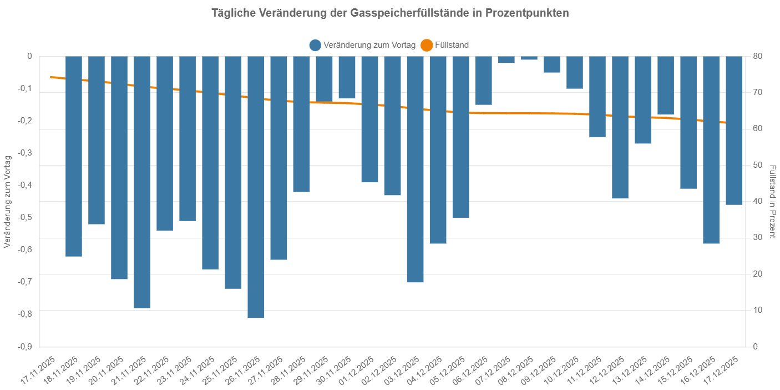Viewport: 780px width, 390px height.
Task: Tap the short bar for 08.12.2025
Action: click(x=529, y=58)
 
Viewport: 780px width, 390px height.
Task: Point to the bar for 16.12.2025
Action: click(x=711, y=149)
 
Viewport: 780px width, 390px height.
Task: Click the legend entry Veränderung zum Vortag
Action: click(x=363, y=45)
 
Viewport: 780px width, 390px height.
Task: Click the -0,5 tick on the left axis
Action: click(x=24, y=217)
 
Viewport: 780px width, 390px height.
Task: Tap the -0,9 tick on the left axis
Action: click(x=24, y=347)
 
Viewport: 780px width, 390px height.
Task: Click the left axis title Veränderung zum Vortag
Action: click(x=7, y=201)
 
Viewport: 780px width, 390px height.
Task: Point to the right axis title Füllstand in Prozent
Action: click(x=772, y=201)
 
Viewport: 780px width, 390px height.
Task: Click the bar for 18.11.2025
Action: click(x=74, y=156)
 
